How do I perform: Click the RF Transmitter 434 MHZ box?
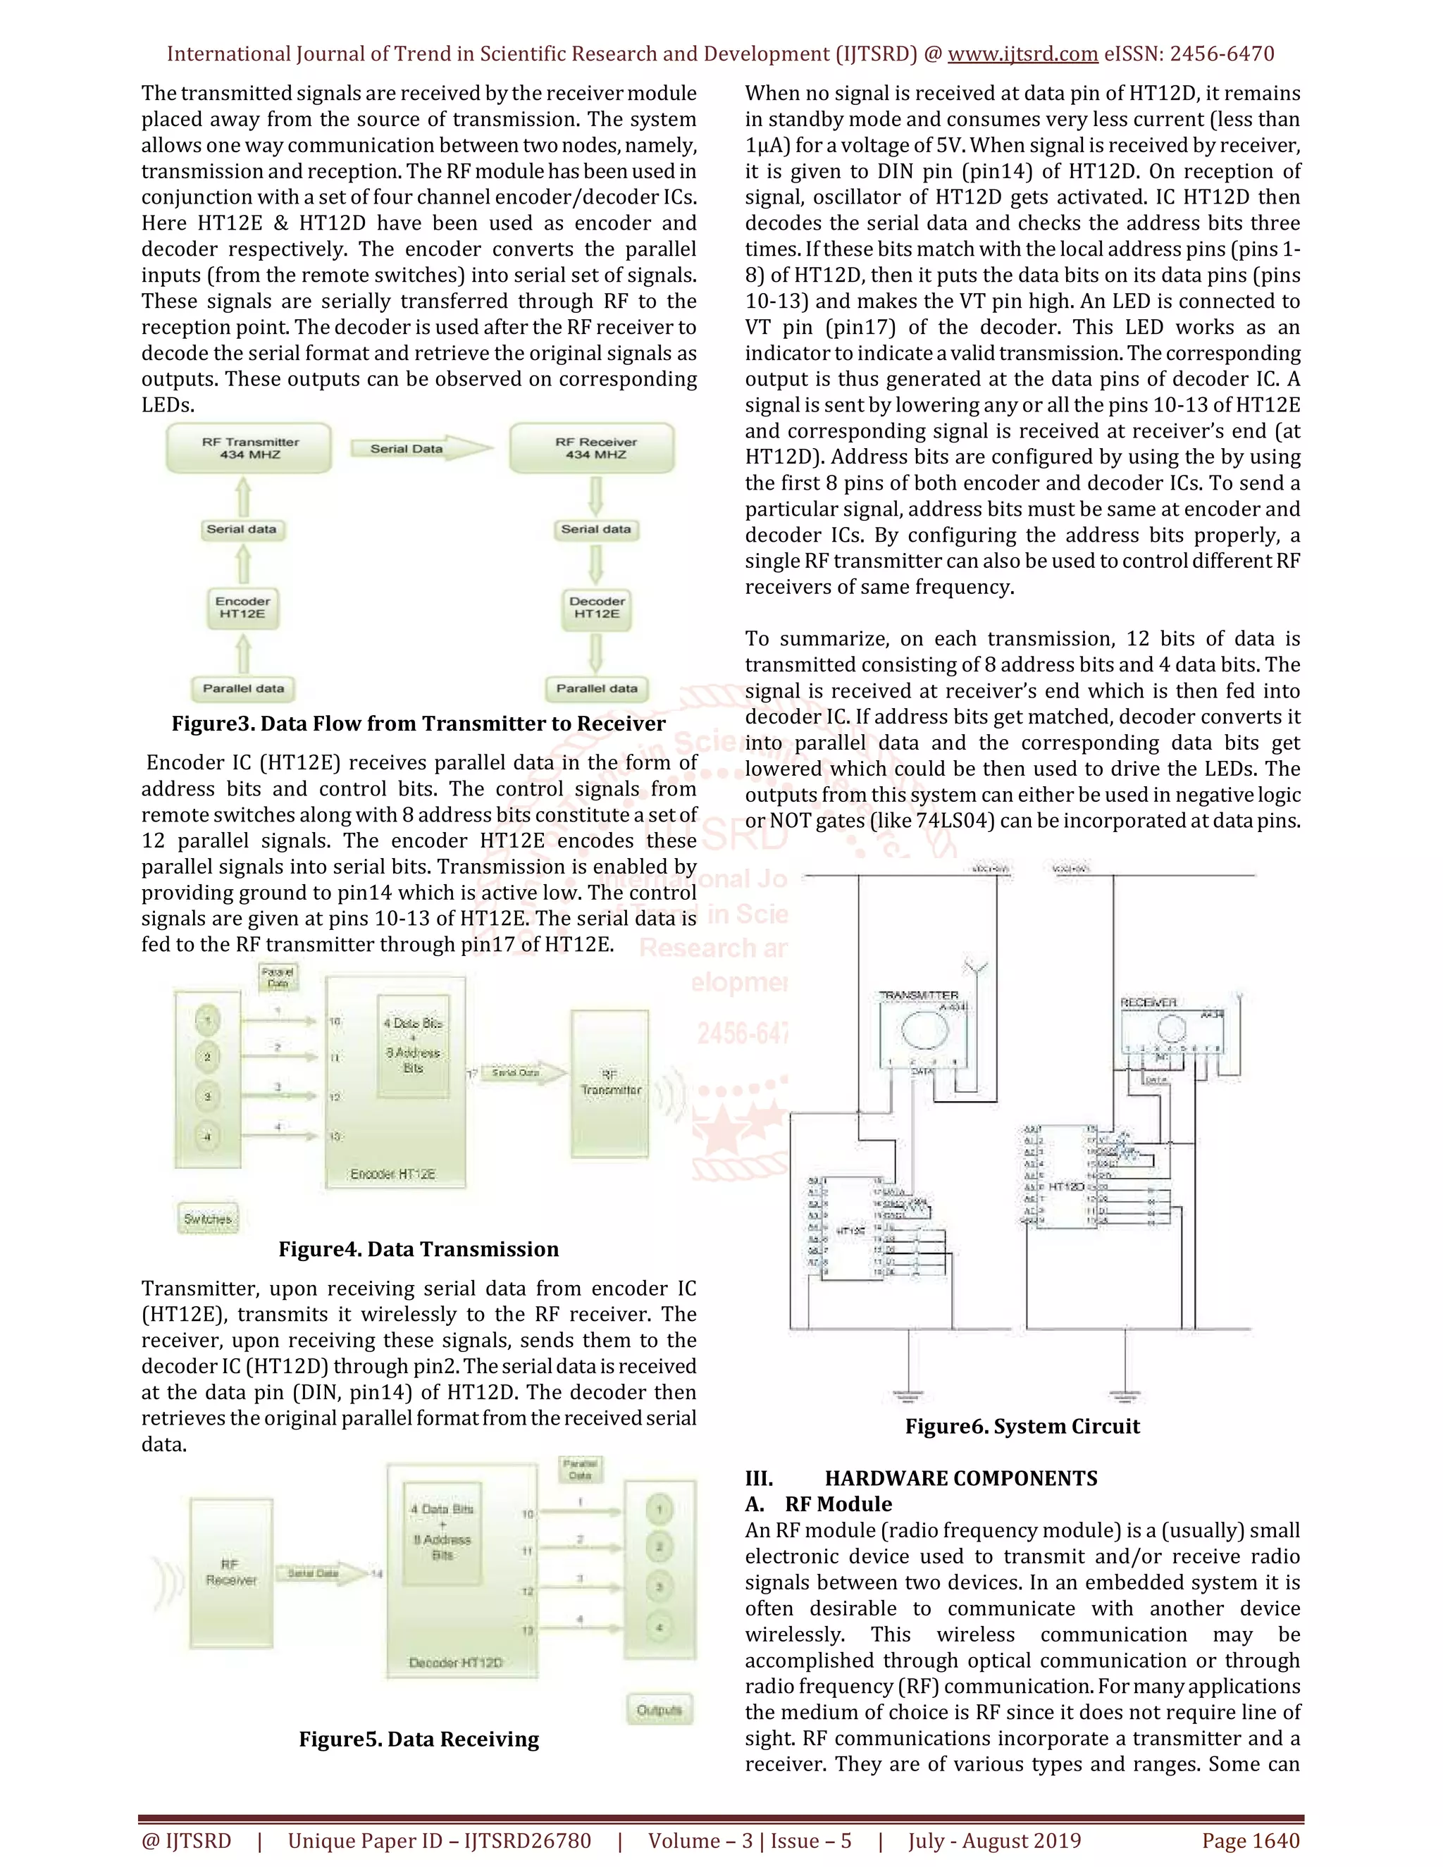click(x=249, y=449)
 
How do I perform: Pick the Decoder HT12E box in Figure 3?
click(x=597, y=608)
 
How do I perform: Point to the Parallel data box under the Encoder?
click(x=243, y=688)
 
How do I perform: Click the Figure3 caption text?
click(x=418, y=724)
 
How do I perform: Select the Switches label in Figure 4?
click(x=207, y=1219)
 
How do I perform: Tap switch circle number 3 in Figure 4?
click(x=207, y=1096)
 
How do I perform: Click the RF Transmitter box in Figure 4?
click(x=609, y=1083)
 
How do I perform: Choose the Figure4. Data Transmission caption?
click(x=418, y=1249)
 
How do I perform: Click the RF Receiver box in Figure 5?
click(x=231, y=1573)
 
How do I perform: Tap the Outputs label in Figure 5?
click(x=659, y=1710)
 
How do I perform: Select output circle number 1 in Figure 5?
click(x=659, y=1509)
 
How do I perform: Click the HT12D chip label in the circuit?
click(x=1065, y=1186)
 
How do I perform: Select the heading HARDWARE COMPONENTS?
click(x=961, y=1478)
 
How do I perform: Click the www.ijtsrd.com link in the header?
click(x=1022, y=54)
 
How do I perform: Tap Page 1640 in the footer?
click(x=1250, y=1840)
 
